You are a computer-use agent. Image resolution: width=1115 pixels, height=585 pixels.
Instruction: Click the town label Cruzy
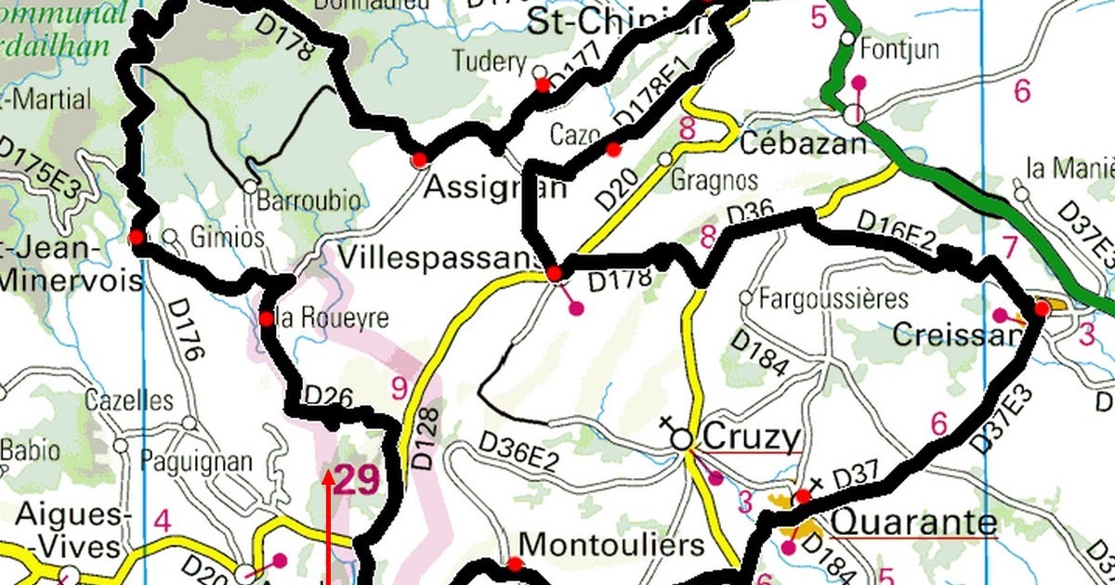click(x=752, y=435)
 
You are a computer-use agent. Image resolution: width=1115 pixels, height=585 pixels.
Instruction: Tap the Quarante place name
click(x=913, y=523)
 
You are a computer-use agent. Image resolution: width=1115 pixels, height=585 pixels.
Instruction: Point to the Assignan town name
click(x=494, y=188)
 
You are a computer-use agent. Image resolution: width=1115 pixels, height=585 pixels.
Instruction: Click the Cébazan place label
click(x=804, y=144)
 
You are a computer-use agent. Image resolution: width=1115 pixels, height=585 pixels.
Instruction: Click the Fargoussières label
click(x=833, y=299)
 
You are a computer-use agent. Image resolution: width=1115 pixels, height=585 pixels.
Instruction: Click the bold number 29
click(x=357, y=480)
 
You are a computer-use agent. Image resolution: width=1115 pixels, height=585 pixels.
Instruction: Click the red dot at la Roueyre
click(x=266, y=318)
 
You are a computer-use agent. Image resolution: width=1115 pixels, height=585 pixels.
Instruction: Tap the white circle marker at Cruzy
click(x=682, y=439)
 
